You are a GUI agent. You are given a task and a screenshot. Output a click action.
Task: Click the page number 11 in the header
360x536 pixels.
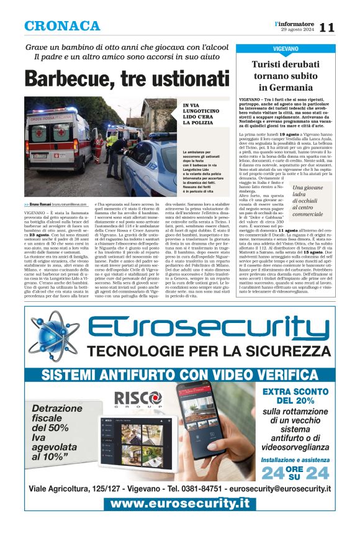tap(327, 27)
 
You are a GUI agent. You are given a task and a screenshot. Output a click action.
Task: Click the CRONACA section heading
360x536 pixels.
tap(62, 26)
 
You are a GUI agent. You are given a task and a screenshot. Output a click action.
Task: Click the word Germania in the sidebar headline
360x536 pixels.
tap(294, 88)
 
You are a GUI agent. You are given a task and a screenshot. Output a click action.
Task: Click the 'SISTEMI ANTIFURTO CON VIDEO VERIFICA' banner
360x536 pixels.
tap(180, 375)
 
